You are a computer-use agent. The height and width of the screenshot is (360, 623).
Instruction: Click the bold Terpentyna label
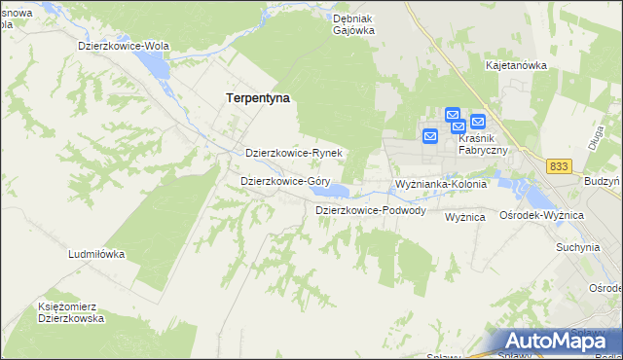(x=258, y=98)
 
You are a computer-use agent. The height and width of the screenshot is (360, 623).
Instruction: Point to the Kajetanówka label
(x=516, y=65)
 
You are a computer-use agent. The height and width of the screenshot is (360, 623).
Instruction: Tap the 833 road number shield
(x=558, y=166)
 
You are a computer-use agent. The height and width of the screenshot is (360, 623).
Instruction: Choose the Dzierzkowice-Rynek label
(x=293, y=153)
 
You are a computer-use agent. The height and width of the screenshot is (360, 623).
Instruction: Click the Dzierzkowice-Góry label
(x=284, y=181)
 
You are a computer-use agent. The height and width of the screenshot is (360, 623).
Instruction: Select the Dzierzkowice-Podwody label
(x=370, y=210)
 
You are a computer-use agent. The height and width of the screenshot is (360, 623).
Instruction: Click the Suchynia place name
(x=577, y=247)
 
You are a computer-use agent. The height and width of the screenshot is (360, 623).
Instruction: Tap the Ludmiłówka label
(x=96, y=254)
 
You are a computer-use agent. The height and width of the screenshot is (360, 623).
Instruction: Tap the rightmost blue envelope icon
(x=477, y=122)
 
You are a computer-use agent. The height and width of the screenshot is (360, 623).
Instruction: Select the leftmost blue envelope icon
(x=429, y=137)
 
